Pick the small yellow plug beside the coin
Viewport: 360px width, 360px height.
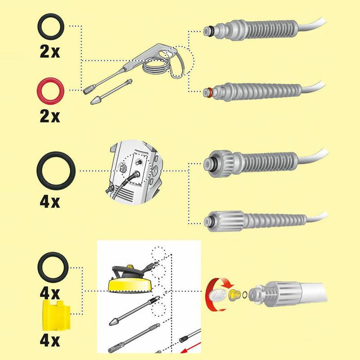click(234, 295)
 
